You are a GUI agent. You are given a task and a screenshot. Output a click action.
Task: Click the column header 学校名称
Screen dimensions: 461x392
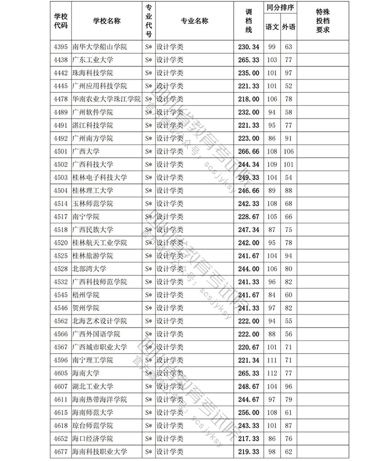point(106,21)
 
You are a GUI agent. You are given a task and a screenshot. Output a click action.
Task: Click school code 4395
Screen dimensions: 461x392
point(60,47)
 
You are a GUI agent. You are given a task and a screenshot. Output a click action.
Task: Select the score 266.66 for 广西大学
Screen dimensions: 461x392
point(248,151)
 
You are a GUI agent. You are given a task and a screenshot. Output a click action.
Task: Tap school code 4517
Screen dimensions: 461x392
point(60,217)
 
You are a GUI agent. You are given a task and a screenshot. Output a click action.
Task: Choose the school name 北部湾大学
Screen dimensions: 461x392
point(89,269)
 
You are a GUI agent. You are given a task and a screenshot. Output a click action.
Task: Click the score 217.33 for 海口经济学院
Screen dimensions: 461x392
point(248,438)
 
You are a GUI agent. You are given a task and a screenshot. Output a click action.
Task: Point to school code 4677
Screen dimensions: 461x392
point(60,452)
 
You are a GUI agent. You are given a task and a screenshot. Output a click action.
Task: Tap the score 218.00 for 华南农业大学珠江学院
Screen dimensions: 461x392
point(248,99)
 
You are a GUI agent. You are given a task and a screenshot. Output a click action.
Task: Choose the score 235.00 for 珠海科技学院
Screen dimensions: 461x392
point(248,73)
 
